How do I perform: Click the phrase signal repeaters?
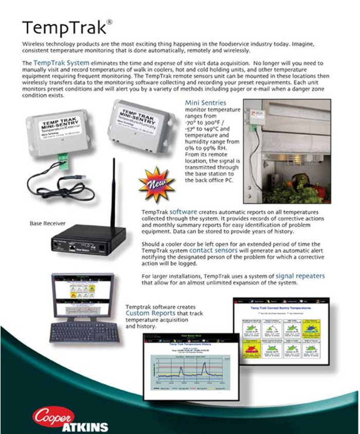(300, 276)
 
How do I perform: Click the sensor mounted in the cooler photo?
(257, 117)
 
